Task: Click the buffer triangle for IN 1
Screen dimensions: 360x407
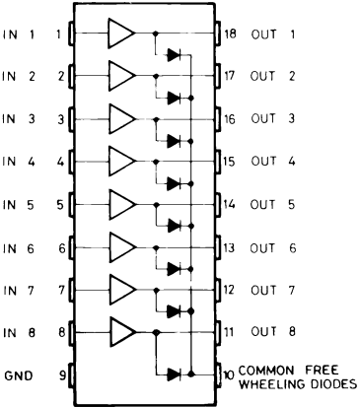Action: pos(120,34)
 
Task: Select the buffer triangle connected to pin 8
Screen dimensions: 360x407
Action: pos(122,332)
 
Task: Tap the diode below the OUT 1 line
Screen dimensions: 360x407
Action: pos(174,55)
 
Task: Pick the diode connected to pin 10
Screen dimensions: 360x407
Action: pos(174,373)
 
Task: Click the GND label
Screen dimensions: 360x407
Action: pos(19,375)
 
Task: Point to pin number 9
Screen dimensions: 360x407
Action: pos(62,375)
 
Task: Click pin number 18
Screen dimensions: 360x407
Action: pos(230,34)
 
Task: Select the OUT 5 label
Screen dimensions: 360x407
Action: pos(272,205)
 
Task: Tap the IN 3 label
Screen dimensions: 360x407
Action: pos(19,118)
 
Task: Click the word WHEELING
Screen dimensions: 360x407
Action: pos(271,384)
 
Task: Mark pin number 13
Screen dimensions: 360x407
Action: pos(229,248)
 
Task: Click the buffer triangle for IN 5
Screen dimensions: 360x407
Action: pos(121,204)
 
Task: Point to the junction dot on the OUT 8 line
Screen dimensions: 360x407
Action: pos(156,332)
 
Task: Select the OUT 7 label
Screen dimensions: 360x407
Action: pos(273,291)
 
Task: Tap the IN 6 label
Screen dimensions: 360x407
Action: pos(19,248)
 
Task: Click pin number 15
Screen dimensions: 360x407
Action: pos(230,162)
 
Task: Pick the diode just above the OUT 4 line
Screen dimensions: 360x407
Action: pos(174,141)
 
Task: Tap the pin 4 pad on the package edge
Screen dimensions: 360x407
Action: pos(71,162)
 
